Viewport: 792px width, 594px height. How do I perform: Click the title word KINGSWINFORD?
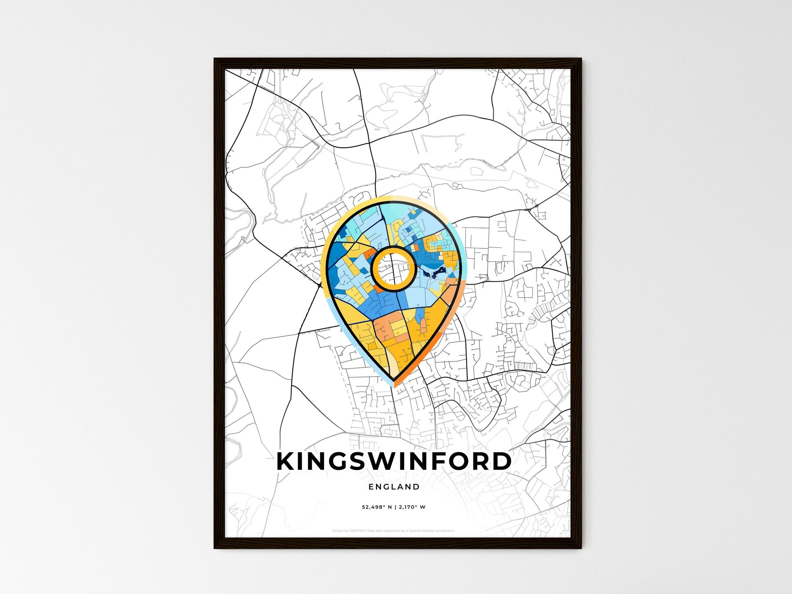[x=394, y=461]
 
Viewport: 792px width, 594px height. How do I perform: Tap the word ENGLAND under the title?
[x=394, y=487]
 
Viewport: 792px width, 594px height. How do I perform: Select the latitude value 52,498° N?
[x=377, y=507]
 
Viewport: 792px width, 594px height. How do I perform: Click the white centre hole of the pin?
[x=393, y=268]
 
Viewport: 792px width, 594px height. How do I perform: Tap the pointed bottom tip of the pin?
[x=394, y=381]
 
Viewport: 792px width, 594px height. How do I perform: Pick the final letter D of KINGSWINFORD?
[x=502, y=462]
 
